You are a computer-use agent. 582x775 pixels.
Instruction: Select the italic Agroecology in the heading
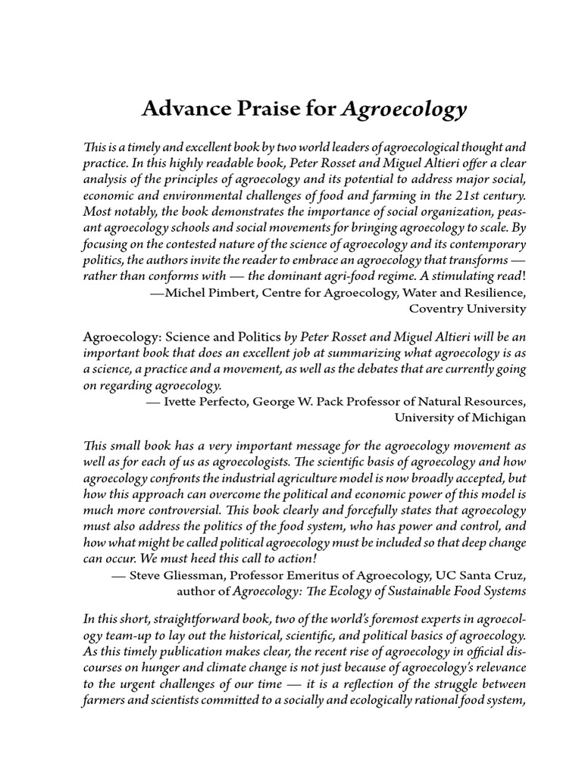coord(404,111)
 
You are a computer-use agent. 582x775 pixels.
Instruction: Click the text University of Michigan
coord(460,417)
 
